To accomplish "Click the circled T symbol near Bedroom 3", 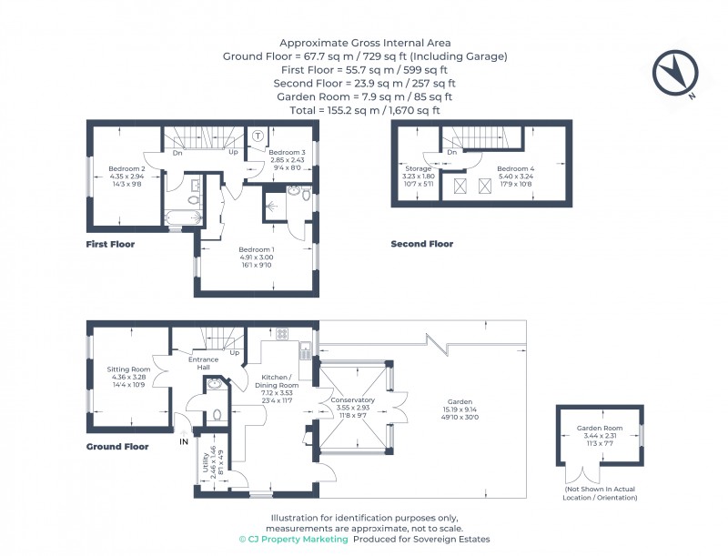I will [258, 136].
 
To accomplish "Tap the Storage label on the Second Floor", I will [419, 169].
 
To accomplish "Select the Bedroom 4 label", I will [516, 169].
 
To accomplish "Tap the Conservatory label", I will [352, 400].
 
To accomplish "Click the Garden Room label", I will [598, 429].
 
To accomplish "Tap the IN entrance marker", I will [184, 442].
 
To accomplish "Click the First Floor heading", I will [110, 244].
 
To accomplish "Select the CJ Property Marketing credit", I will [293, 540].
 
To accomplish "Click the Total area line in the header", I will [364, 110].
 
